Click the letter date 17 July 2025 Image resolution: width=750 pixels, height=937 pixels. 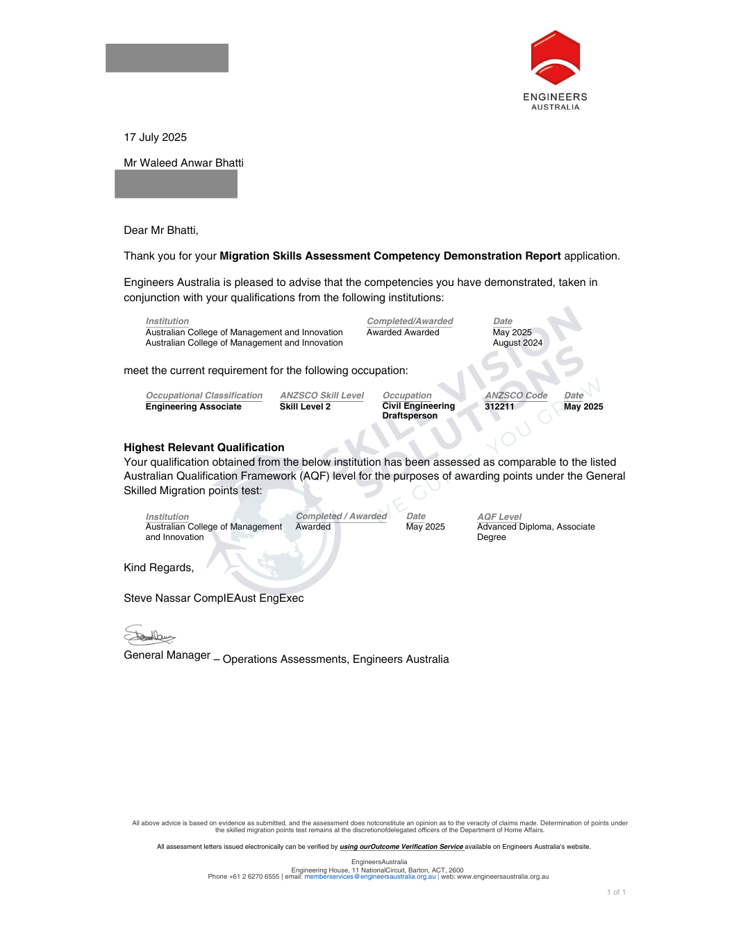155,137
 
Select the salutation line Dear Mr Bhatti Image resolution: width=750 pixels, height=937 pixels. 160,230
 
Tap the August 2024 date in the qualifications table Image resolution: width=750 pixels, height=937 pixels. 517,343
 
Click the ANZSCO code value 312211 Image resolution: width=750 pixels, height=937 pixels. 499,407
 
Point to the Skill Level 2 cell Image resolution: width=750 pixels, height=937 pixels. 305,407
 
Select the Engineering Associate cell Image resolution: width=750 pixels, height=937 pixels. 193,407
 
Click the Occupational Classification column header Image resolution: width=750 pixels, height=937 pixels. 203,396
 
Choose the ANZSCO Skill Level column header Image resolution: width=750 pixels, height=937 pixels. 322,396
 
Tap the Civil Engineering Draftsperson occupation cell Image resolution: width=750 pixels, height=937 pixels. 418,411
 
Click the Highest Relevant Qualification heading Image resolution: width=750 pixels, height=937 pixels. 203,448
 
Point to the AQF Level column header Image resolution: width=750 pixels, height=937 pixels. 499,517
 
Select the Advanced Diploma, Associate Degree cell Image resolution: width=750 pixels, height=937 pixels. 535,532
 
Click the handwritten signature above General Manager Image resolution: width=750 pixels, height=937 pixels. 149,635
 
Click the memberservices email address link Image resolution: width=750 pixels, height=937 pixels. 369,877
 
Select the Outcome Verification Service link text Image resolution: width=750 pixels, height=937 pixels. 401,847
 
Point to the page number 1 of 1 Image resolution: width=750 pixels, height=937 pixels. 616,893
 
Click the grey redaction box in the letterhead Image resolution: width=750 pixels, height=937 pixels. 167,58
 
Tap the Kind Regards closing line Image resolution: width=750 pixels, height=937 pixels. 158,568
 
